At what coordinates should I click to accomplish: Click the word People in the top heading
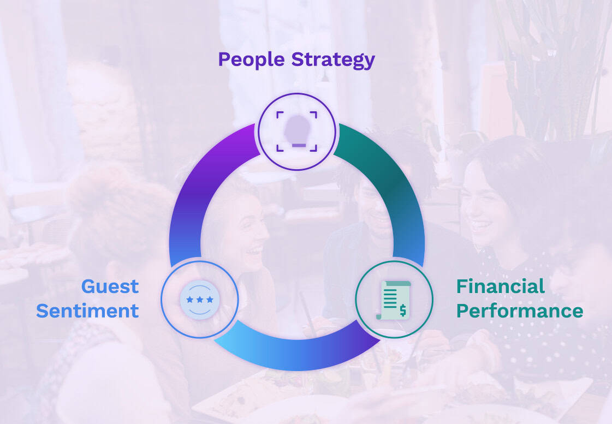coord(251,60)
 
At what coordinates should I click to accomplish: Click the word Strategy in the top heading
coord(333,60)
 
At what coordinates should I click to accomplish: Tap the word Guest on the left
coord(110,286)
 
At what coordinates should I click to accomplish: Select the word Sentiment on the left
coord(87,311)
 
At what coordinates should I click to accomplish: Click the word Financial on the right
coord(500,286)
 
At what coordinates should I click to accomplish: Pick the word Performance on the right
coord(520,311)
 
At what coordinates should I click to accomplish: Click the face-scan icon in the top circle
coord(296,132)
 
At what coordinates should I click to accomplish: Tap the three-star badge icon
coord(200,300)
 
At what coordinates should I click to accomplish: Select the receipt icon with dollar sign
coord(394,300)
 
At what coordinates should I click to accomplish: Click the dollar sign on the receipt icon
coord(403,310)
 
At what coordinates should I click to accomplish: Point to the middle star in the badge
coord(200,300)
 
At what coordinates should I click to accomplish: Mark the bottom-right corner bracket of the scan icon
coord(313,148)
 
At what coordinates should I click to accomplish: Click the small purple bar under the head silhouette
coord(299,146)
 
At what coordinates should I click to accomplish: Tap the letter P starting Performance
coord(462,311)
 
